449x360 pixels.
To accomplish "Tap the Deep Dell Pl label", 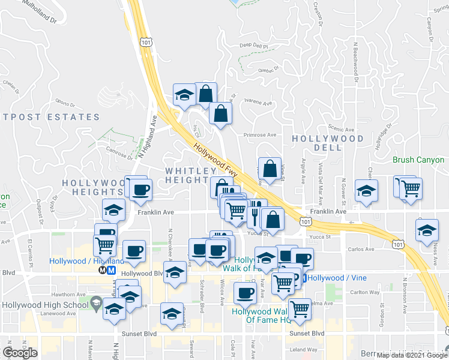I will pos(254,45).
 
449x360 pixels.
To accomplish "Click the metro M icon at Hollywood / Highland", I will pos(111,270).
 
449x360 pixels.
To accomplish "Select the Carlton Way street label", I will pos(365,293).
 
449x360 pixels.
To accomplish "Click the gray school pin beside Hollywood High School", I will pos(96,304).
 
